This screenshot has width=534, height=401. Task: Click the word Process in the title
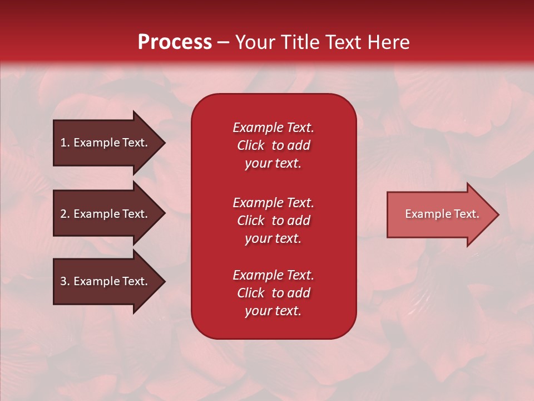pos(175,42)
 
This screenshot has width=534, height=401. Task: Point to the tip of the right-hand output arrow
pos(497,214)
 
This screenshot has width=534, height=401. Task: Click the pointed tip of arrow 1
pos(163,143)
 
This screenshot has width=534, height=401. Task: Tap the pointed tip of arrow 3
pos(163,282)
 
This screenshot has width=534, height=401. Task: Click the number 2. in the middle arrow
pos(65,214)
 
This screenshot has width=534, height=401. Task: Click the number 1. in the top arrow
pos(65,143)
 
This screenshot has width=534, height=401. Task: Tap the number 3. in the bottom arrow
pos(65,281)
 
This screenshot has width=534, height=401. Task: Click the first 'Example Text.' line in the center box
pos(273,128)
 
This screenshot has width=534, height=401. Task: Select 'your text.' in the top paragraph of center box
pos(273,164)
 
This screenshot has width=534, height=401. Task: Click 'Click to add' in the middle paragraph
pos(273,221)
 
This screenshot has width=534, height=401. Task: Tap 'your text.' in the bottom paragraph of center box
pos(273,311)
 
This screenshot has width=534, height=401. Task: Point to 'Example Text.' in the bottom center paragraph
pos(273,275)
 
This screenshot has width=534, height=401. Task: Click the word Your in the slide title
pos(254,42)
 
